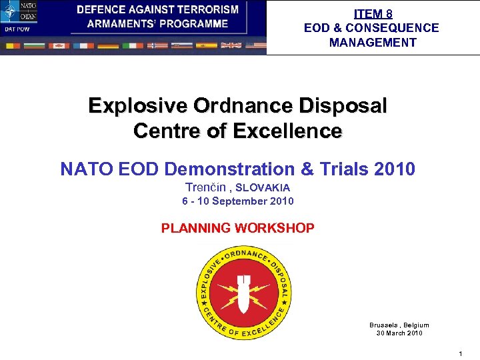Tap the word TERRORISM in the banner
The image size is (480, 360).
pyautogui.click(x=205, y=10)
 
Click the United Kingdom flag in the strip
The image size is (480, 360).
pyautogui.click(x=231, y=45)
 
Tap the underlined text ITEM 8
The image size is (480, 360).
pyautogui.click(x=373, y=13)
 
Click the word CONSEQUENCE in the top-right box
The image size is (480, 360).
pyautogui.click(x=398, y=28)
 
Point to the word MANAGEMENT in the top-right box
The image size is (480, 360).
pyautogui.click(x=373, y=43)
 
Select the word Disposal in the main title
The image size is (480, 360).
pyautogui.click(x=343, y=106)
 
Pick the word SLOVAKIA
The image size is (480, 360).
pyautogui.click(x=263, y=188)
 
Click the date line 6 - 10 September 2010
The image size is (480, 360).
pyautogui.click(x=238, y=201)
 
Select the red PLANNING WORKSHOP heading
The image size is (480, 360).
pyautogui.click(x=238, y=228)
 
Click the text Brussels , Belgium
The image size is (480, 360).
pyautogui.click(x=399, y=325)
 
